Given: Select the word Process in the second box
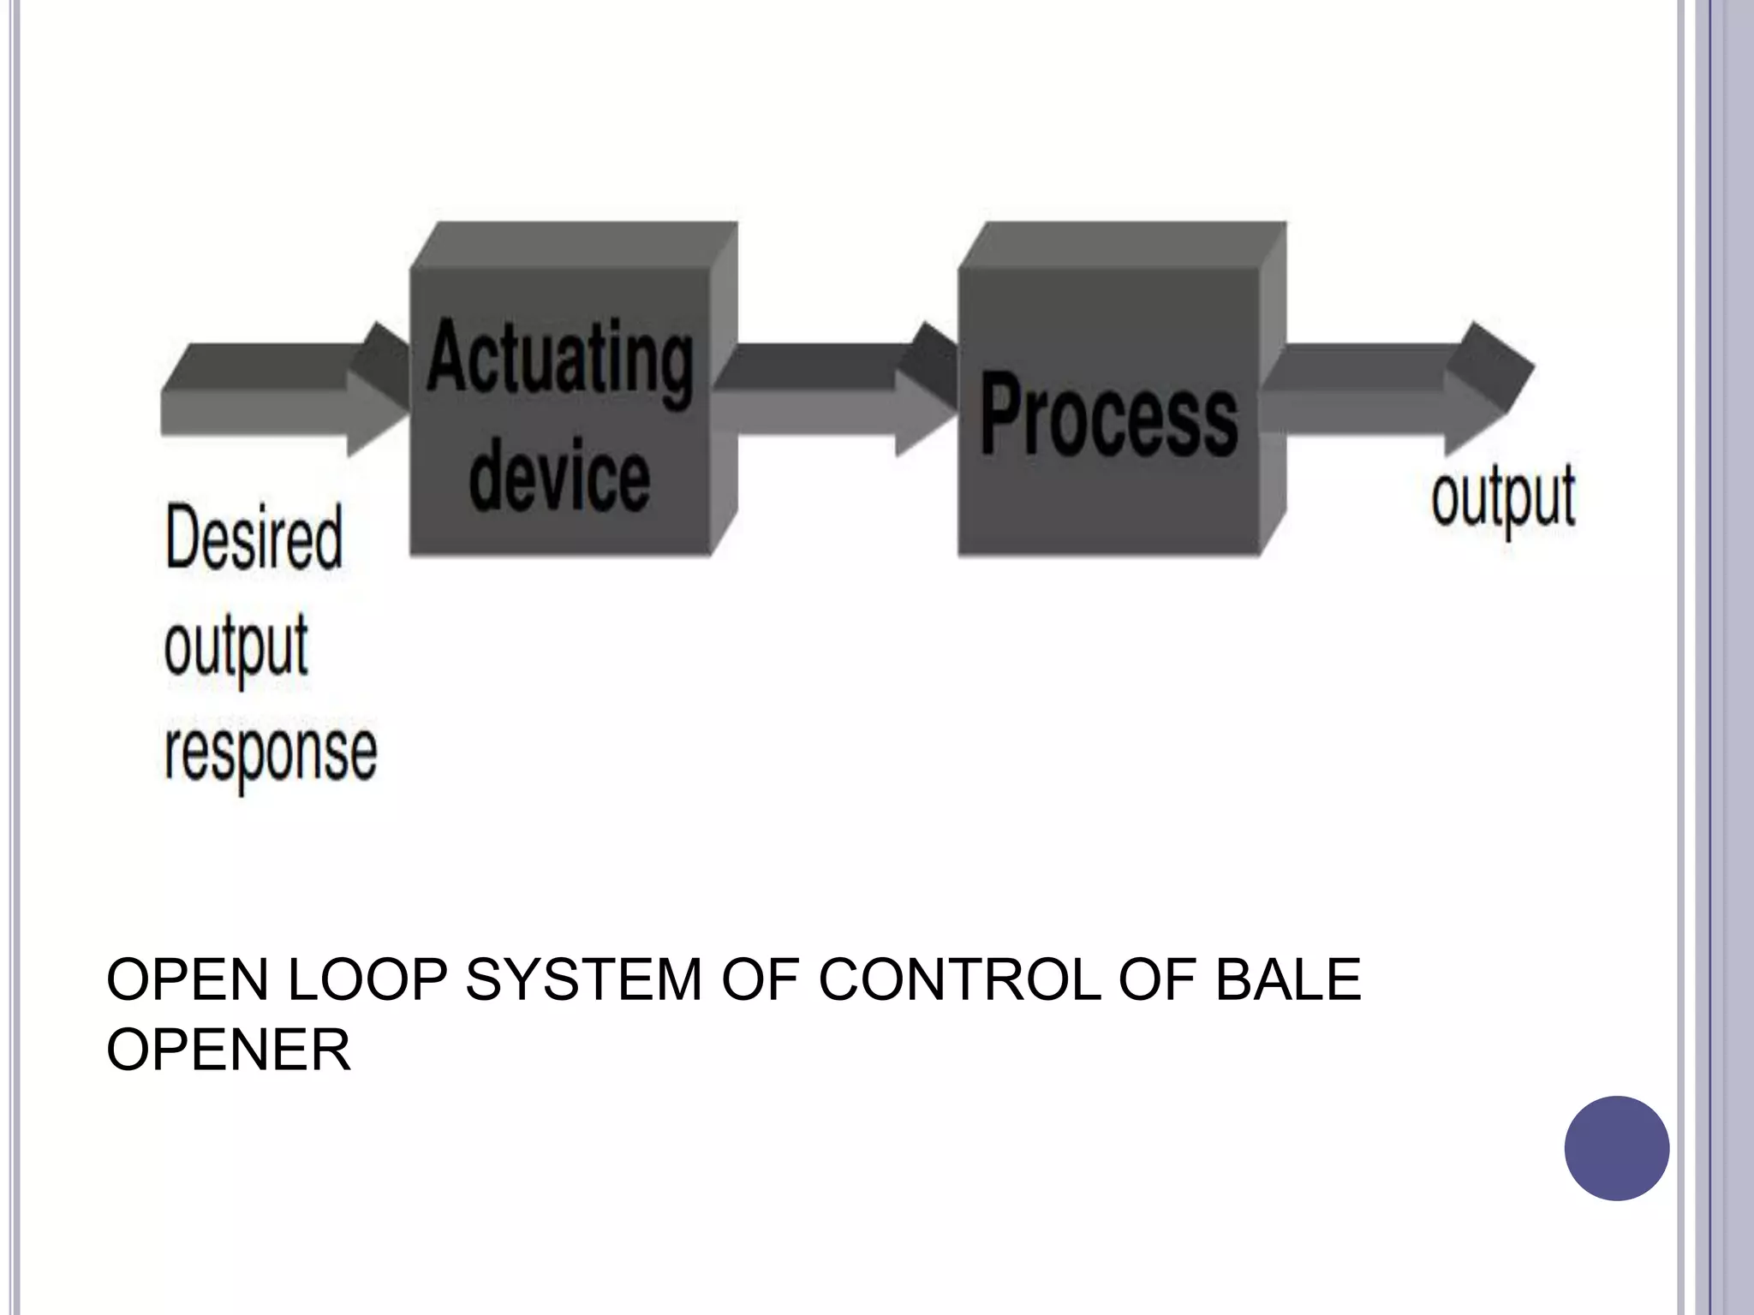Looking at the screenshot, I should coord(1109,415).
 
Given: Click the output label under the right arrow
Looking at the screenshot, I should coord(1503,499).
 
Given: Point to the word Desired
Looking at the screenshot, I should coord(254,537).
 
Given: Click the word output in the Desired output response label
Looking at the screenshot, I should coord(236,648).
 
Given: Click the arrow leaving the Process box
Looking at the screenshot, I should coord(1396,390).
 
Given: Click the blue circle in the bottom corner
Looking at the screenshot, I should coord(1616,1148).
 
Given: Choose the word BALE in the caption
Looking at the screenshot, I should coord(1288,979).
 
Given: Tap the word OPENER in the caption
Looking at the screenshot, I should coord(229,1050).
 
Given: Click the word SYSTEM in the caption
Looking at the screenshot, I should coord(583,979).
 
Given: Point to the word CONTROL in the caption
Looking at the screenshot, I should coord(959,979).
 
